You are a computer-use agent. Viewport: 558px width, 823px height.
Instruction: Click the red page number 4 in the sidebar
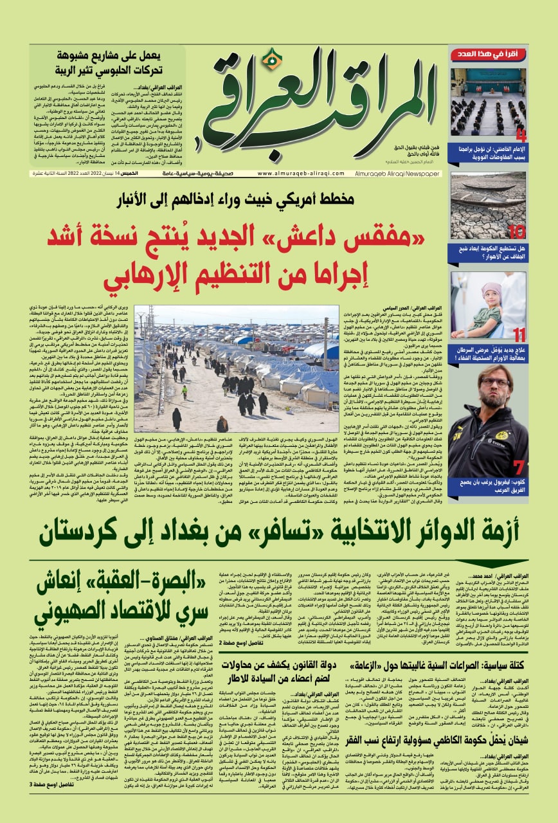tap(521, 135)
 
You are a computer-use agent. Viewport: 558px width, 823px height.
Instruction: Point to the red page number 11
tap(519, 335)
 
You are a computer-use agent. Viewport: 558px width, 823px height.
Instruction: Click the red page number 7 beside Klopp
tap(519, 467)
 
